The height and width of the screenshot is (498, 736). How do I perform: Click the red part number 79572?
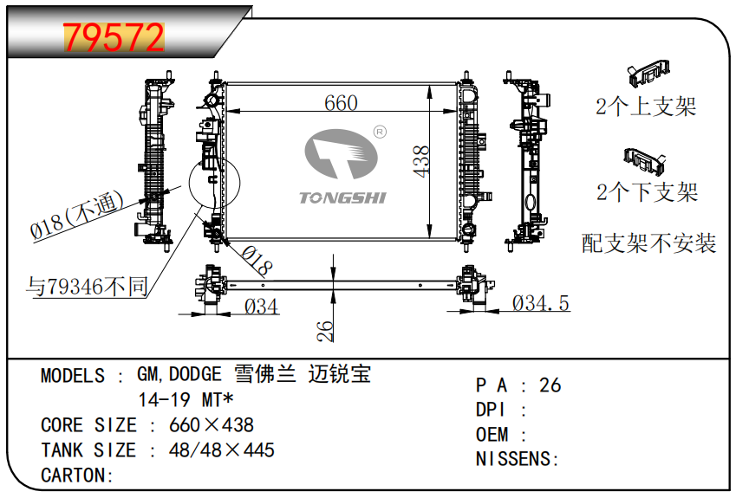pyautogui.click(x=114, y=37)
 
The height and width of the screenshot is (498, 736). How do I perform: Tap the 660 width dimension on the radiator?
pyautogui.click(x=341, y=103)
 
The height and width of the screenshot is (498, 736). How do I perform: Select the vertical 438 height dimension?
pyautogui.click(x=421, y=161)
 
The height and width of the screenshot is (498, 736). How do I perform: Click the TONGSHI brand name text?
pyautogui.click(x=342, y=197)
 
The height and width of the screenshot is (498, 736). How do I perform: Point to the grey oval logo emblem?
pyautogui.click(x=341, y=154)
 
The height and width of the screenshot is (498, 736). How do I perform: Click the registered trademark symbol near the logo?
pyautogui.click(x=380, y=133)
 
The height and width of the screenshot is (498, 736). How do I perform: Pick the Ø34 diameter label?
pyautogui.click(x=262, y=307)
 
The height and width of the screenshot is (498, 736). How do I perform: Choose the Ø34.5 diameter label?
pyautogui.click(x=540, y=303)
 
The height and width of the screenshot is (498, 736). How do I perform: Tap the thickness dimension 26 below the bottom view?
pyautogui.click(x=324, y=331)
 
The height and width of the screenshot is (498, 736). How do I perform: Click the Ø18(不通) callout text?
pyautogui.click(x=77, y=215)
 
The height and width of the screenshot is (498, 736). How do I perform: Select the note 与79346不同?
pyautogui.click(x=87, y=286)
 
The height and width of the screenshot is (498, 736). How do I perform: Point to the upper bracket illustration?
pyautogui.click(x=648, y=73)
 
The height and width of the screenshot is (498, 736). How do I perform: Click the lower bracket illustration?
pyautogui.click(x=645, y=160)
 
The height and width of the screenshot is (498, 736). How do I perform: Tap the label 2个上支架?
pyautogui.click(x=646, y=106)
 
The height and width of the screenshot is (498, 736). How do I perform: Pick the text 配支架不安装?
pyautogui.click(x=648, y=243)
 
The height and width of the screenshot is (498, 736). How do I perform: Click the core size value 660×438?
pyautogui.click(x=212, y=425)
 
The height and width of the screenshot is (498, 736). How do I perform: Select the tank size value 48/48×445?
pyautogui.click(x=222, y=450)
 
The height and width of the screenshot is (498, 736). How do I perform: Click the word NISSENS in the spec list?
pyautogui.click(x=514, y=459)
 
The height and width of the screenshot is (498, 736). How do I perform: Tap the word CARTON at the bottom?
pyautogui.click(x=73, y=475)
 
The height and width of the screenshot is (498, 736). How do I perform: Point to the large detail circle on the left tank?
pyautogui.click(x=214, y=183)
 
